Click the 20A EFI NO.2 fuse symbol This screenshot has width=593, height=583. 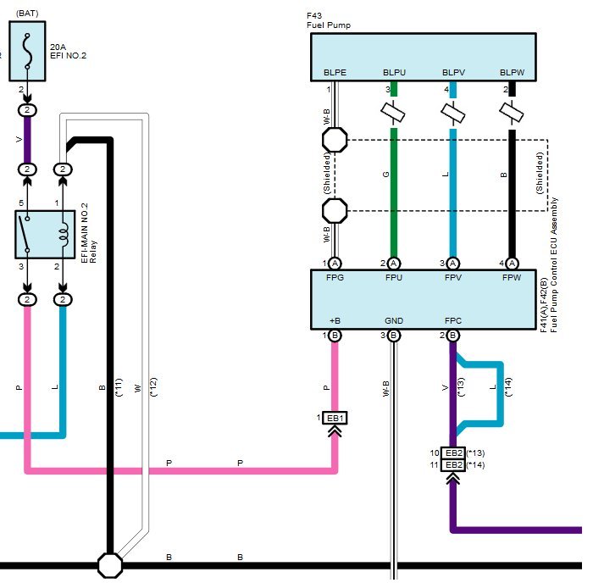[27, 51]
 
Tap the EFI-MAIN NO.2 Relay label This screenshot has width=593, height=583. [89, 233]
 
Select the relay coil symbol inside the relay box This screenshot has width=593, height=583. [64, 235]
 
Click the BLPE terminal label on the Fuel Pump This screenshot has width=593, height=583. [335, 72]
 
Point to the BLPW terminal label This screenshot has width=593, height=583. [512, 72]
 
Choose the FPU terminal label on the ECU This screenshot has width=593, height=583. [394, 277]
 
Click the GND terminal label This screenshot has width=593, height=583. [394, 321]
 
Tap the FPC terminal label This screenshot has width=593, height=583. [453, 321]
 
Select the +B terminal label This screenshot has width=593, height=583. [335, 321]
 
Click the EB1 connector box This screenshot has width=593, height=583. [335, 418]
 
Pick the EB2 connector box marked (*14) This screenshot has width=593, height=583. [453, 465]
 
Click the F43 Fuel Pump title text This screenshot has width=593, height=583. [329, 20]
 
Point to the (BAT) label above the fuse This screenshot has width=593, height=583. [27, 14]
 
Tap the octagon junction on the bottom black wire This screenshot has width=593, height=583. [109, 565]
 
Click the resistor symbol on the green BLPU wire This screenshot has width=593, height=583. [393, 113]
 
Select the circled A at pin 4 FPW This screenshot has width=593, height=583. [512, 264]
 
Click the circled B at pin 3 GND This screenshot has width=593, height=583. [394, 336]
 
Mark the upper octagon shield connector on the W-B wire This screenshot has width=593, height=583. [335, 140]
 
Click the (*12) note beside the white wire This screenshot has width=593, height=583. [153, 387]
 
